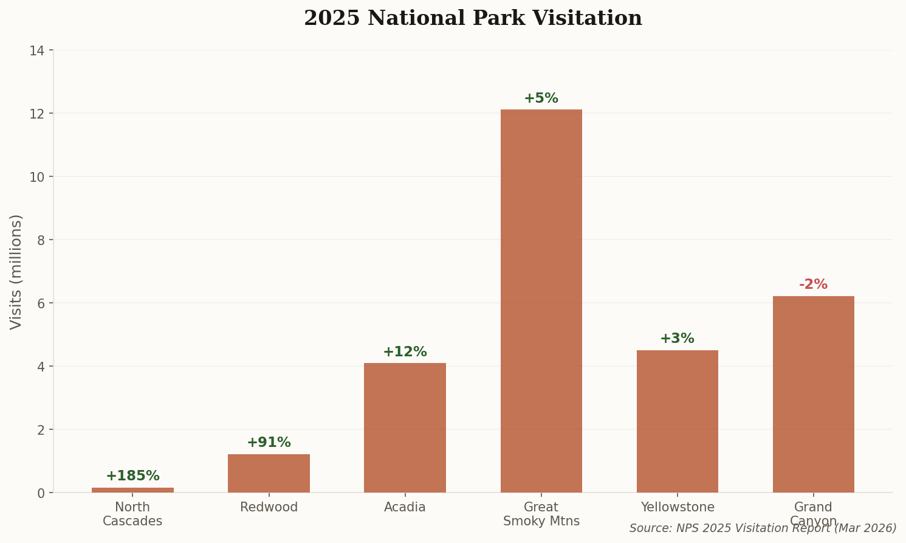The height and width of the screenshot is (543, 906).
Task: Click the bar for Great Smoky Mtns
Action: point(541,301)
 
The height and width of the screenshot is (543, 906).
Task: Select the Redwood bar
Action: point(269,473)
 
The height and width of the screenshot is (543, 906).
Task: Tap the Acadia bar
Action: point(405,427)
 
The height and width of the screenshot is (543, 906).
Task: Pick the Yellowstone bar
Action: point(677,421)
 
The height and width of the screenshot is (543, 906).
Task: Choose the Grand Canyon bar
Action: point(813,394)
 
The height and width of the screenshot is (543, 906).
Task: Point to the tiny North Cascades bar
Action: point(132,489)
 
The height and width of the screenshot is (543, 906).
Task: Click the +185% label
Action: point(132,476)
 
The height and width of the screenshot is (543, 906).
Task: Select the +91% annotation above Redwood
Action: point(269,443)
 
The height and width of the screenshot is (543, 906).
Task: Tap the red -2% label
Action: point(813,285)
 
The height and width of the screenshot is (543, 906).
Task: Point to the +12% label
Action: point(405,352)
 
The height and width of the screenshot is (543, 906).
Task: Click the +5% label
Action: point(541,99)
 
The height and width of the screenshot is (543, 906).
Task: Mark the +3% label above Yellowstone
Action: point(677,339)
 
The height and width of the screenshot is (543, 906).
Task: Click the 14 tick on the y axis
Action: point(37,50)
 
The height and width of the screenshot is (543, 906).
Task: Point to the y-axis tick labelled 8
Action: point(41,240)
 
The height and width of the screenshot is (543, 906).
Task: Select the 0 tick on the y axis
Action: point(41,493)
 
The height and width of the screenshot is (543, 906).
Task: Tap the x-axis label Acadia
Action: point(405,507)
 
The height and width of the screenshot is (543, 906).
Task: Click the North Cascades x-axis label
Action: point(132,514)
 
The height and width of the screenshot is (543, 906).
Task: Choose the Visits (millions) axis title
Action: point(16,271)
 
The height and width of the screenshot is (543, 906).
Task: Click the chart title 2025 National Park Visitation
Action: point(473,18)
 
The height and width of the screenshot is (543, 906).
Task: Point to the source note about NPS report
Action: point(763,528)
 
